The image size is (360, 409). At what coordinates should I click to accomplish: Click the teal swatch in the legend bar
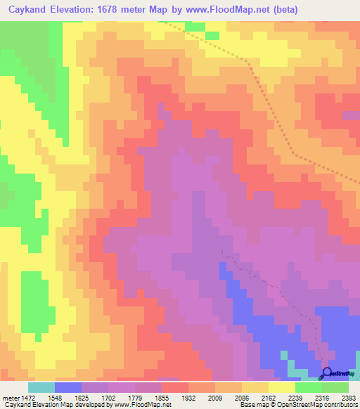click(x=41, y=387)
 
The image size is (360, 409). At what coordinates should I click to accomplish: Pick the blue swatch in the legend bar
click(x=68, y=387)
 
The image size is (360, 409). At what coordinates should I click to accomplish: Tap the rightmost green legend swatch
click(x=335, y=387)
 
